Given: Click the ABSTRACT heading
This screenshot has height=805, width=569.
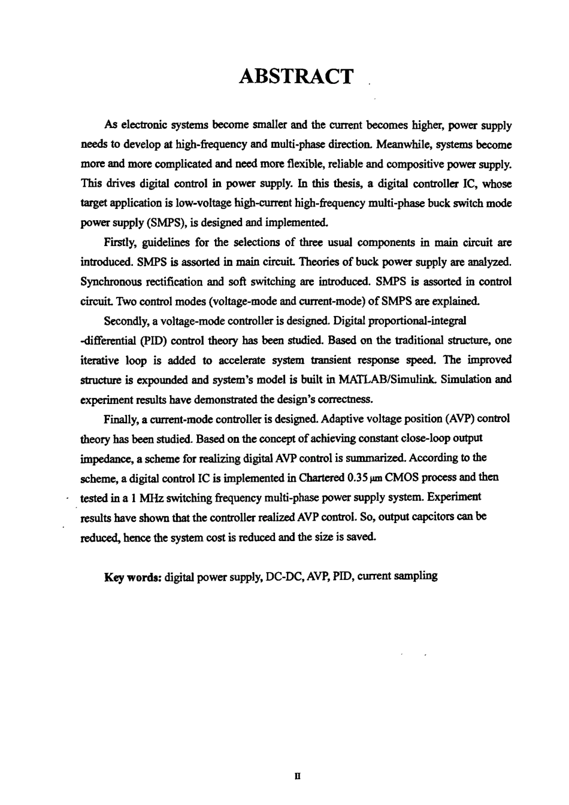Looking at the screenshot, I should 296,77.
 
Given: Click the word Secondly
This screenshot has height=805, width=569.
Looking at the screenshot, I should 128,321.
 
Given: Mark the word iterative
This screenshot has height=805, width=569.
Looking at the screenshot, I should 99,360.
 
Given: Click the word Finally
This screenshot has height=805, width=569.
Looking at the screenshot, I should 120,418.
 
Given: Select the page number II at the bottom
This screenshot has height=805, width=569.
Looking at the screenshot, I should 297,777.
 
